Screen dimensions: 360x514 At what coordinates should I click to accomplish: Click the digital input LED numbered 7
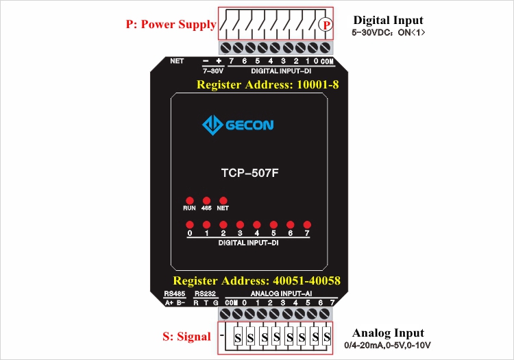[307, 225]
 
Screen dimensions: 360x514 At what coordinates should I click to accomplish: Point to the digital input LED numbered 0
[189, 225]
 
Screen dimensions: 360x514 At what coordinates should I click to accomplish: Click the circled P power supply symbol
[326, 24]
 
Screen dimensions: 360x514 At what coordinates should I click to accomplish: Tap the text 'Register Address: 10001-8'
[267, 85]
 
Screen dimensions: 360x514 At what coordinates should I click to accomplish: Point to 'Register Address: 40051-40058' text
[256, 281]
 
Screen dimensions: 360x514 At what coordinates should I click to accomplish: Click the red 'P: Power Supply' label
[171, 24]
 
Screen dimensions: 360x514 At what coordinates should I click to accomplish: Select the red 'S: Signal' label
[187, 337]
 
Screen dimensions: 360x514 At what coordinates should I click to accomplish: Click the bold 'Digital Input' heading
[388, 21]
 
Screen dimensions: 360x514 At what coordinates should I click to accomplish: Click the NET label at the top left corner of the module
[177, 61]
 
